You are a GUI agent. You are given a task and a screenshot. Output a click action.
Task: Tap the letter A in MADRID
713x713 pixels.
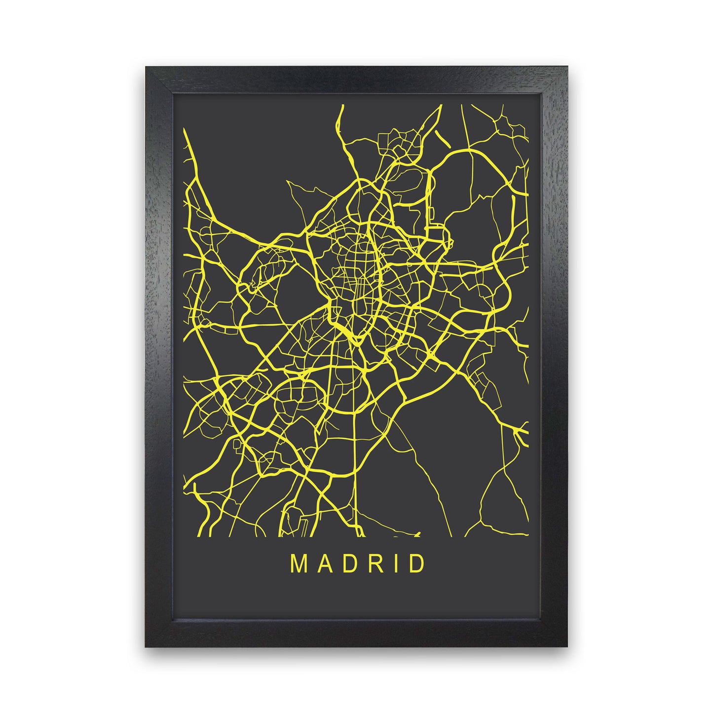click(x=323, y=564)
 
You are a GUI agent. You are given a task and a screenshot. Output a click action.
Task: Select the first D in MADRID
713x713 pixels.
click(x=347, y=564)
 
